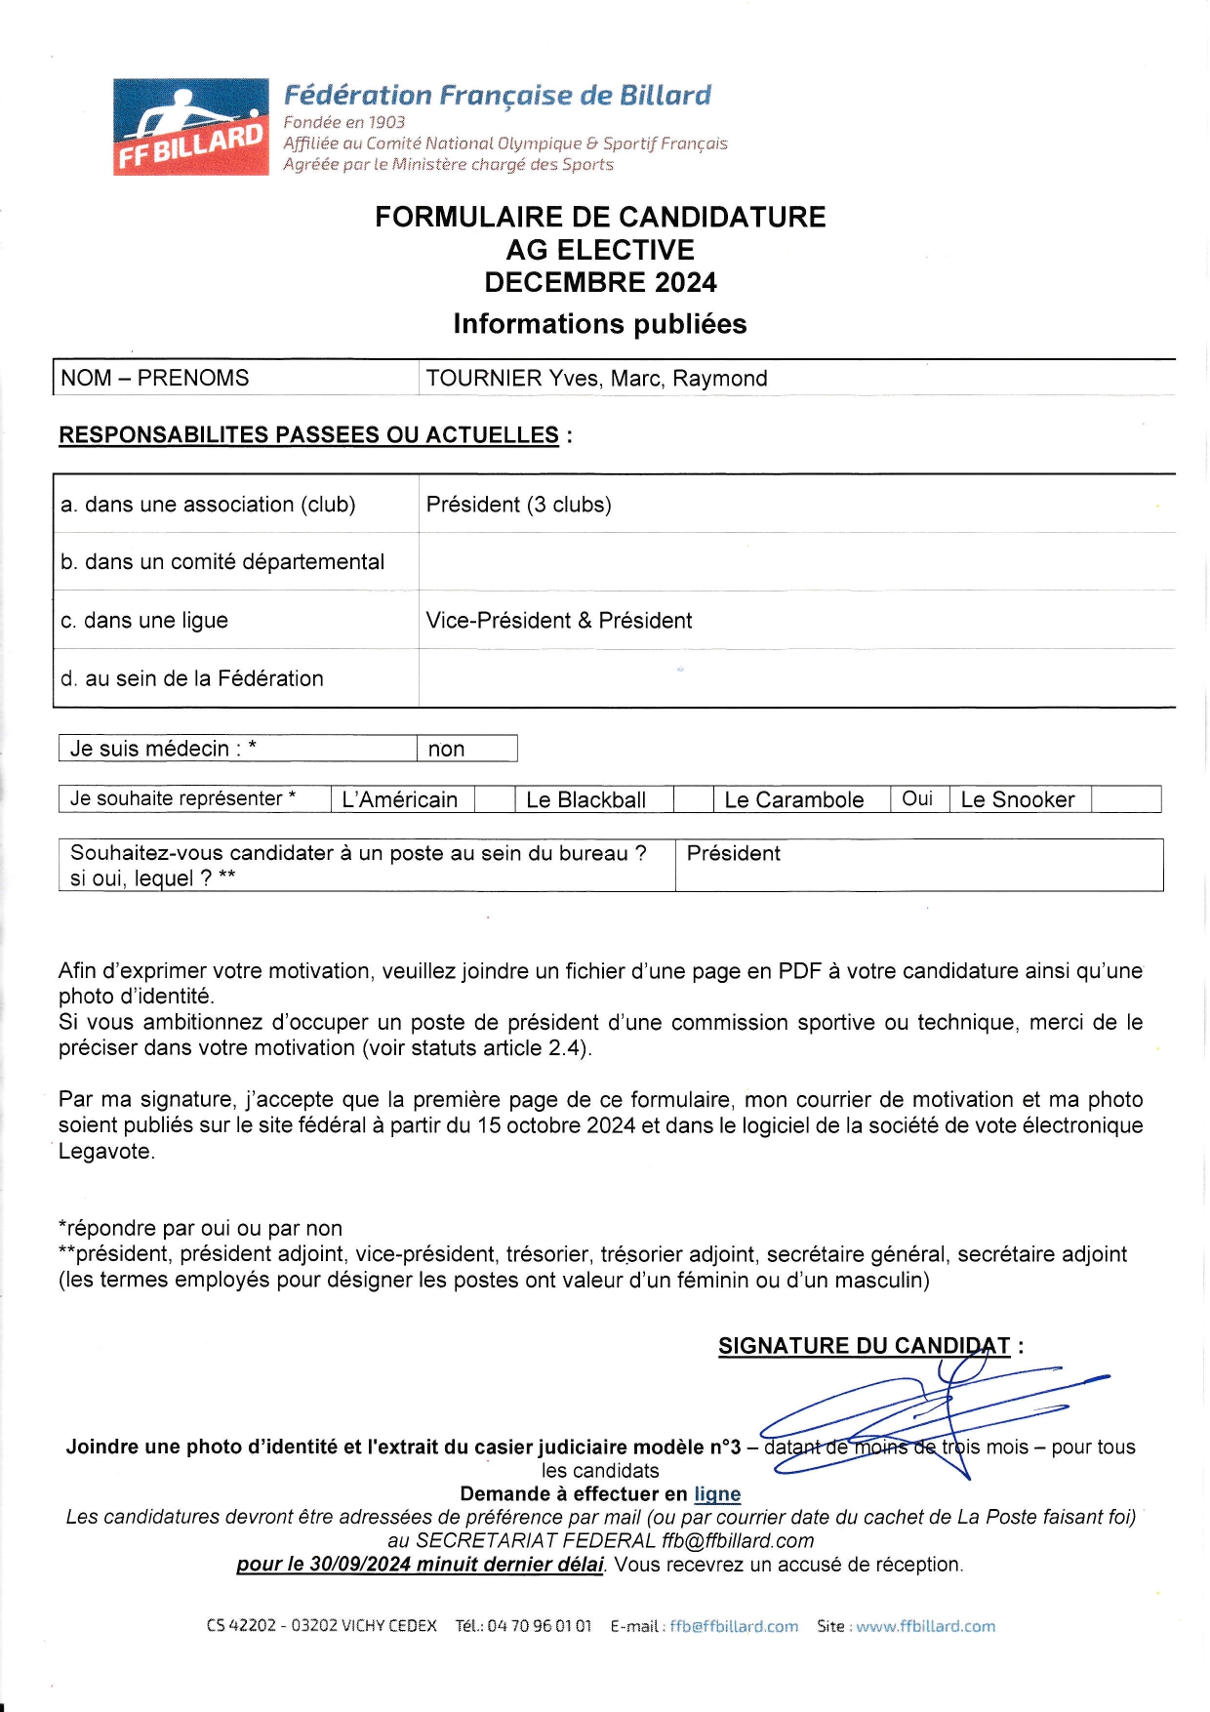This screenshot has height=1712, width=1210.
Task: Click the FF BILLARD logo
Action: tap(191, 127)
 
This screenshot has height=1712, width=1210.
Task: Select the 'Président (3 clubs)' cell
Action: tap(519, 505)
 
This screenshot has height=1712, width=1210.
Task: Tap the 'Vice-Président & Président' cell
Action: tap(559, 621)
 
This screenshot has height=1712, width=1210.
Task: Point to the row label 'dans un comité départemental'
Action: tap(234, 562)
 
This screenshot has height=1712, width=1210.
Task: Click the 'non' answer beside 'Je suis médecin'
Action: tap(446, 750)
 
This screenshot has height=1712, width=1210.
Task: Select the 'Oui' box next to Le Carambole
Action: tap(917, 799)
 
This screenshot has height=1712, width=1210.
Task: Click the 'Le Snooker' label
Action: tap(1018, 800)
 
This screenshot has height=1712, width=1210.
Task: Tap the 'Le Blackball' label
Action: tap(585, 800)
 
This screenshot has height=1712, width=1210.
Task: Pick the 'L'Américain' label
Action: tap(400, 800)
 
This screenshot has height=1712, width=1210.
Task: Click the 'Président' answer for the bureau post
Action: tap(734, 854)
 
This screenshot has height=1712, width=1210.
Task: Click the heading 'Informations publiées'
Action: tap(600, 324)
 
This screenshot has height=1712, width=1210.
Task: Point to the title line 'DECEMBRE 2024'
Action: tap(600, 283)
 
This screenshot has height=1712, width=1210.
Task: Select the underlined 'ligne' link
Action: tap(717, 1494)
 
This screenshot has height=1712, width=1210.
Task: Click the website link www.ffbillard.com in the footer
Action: tap(925, 1626)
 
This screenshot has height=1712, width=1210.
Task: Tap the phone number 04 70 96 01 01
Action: tap(539, 1626)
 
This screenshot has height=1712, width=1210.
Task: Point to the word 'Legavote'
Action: tap(105, 1152)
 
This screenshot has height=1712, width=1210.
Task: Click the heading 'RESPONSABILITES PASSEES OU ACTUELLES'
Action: tap(309, 435)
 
